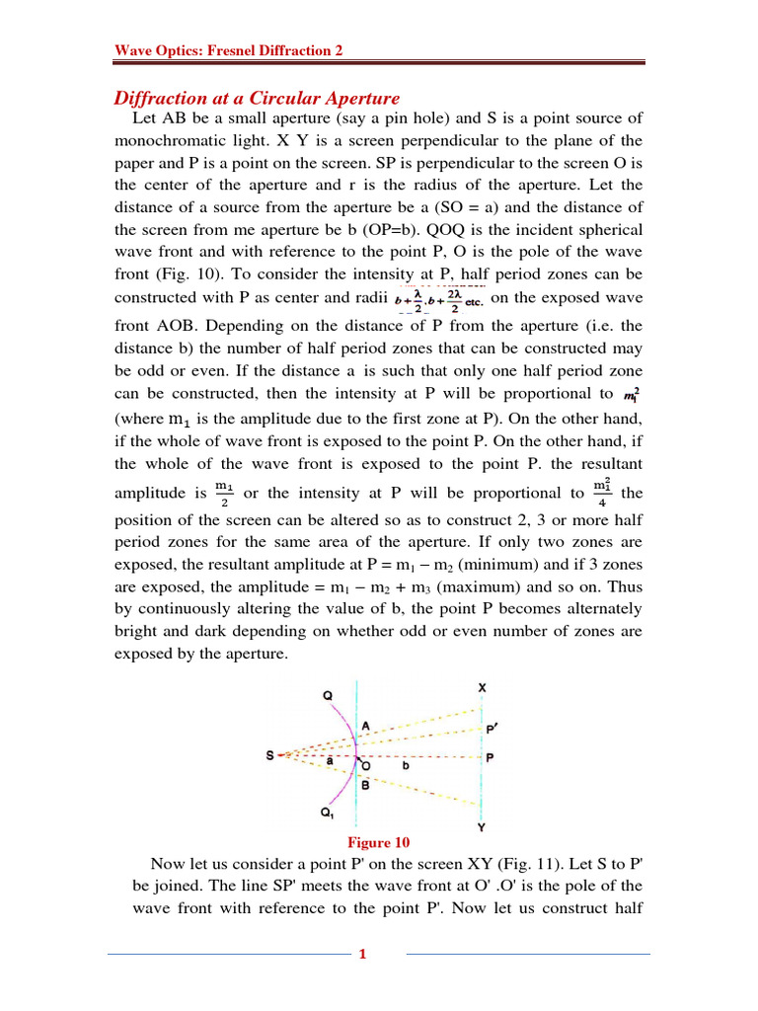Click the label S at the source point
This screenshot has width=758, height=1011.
pyautogui.click(x=269, y=756)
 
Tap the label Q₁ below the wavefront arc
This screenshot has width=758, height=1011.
pyautogui.click(x=327, y=814)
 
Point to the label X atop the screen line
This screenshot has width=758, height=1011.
pyautogui.click(x=481, y=686)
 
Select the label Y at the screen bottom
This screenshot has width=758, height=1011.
pyautogui.click(x=481, y=827)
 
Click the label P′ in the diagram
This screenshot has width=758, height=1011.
pyautogui.click(x=493, y=729)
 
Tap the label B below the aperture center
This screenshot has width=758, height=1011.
pyautogui.click(x=364, y=786)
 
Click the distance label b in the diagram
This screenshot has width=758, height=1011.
pyautogui.click(x=405, y=764)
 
